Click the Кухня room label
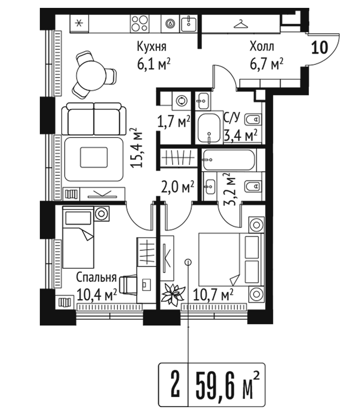pos(151,46)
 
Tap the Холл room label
pos(262,46)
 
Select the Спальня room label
pos(96,277)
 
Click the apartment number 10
pos(319,48)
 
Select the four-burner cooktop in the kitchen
pos(140,24)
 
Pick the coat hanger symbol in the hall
pos(241,24)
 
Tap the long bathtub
pos(229,160)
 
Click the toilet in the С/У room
pos(253,120)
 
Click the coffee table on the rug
pos(94,157)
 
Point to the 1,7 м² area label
pos(174,122)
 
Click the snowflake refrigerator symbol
pos(79,24)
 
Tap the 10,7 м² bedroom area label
pos(213,295)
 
